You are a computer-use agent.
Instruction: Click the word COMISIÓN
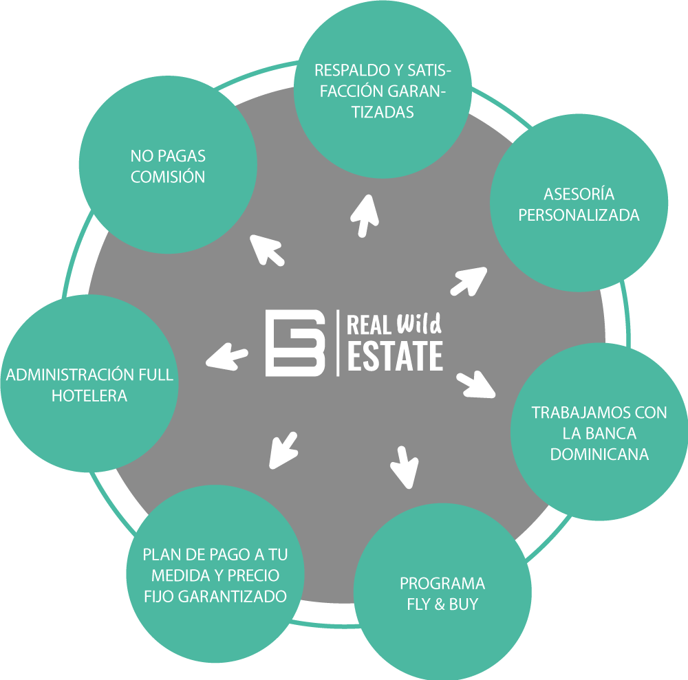point(168,177)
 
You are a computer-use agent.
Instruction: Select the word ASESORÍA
point(579,193)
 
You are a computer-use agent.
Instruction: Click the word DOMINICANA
point(599,454)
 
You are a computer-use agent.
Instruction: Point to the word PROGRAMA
point(442,584)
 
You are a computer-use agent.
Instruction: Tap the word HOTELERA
point(89,396)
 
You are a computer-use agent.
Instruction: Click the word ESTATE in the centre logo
point(395,355)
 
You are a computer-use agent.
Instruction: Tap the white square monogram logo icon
point(296,343)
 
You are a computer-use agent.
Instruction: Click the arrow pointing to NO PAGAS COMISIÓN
point(267,249)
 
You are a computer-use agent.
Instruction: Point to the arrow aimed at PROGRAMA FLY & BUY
point(405,465)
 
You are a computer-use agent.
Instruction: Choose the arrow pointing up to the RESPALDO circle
point(365,215)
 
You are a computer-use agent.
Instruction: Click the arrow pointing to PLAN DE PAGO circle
point(283,450)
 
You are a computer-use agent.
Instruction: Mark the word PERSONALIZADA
point(579,215)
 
